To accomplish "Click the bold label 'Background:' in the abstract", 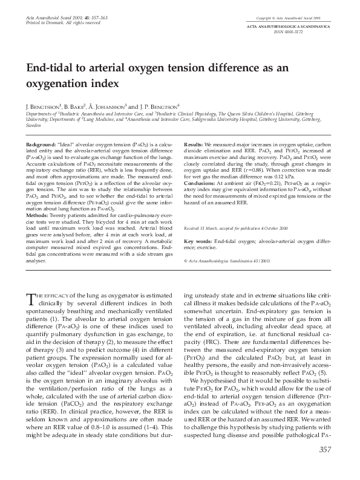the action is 42,146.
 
